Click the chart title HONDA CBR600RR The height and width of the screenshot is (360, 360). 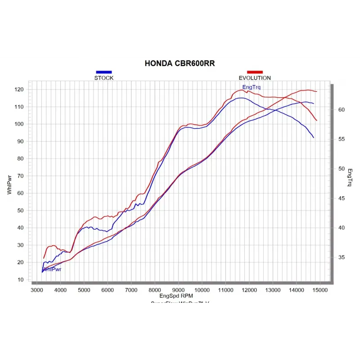point(180,63)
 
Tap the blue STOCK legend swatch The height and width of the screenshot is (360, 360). point(103,72)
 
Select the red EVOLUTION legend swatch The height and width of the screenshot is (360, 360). point(255,72)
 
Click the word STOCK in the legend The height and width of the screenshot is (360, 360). point(103,78)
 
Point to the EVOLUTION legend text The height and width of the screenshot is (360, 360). point(255,78)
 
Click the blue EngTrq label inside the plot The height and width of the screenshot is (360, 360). point(251,87)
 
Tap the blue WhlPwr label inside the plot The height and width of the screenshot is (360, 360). point(52,269)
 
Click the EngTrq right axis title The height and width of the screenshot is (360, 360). point(350,177)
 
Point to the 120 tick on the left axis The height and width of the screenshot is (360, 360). point(18,90)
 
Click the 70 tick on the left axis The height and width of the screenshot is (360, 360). point(20,176)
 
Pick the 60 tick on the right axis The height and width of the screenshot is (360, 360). point(341,110)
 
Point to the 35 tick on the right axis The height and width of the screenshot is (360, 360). point(341,258)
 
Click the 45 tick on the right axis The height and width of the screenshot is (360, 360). point(341,198)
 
